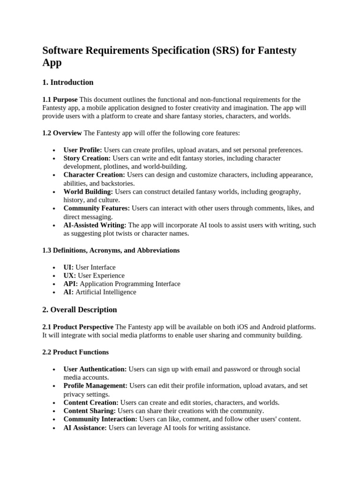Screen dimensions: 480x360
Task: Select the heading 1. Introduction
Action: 68,82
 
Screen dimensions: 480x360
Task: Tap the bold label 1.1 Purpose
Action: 60,99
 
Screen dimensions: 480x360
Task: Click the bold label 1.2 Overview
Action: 62,133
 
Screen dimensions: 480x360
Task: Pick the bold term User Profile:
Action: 82,150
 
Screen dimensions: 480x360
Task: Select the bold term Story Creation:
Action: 87,158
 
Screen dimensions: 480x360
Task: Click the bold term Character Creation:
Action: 94,175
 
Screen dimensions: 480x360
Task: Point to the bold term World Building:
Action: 88,192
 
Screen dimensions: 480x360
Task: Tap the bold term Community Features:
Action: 97,208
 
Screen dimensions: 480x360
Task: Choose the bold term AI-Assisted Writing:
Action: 95,225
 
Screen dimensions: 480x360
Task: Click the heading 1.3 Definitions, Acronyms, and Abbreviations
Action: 111,250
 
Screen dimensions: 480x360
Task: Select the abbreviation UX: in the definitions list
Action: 70,276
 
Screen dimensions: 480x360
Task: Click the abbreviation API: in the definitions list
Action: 71,284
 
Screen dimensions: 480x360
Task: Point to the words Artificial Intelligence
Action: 106,292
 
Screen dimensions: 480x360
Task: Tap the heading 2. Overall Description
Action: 80,310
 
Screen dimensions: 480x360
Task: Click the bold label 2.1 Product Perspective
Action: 78,327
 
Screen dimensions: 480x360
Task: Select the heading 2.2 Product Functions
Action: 75,352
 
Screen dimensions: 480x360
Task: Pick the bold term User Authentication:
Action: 95,369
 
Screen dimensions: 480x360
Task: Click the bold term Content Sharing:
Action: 90,411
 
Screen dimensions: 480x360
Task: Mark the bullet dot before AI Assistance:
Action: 55,428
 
